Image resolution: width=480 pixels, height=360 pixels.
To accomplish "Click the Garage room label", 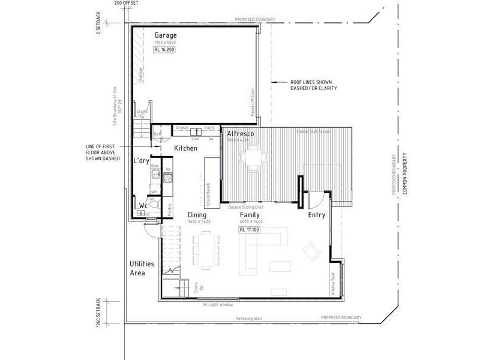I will pyautogui.click(x=166, y=35).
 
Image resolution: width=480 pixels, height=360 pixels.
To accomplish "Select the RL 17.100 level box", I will pyautogui.click(x=250, y=229).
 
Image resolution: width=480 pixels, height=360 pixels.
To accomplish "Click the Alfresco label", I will pyautogui.click(x=240, y=133).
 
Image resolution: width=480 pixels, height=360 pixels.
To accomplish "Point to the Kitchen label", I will pyautogui.click(x=185, y=148).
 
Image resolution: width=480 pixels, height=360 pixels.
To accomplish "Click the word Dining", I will pyautogui.click(x=197, y=215).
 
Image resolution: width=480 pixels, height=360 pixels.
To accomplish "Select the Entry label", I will pyautogui.click(x=316, y=215).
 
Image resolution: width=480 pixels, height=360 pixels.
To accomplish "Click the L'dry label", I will pyautogui.click(x=141, y=160).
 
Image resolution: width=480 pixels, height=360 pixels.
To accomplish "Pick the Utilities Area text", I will pyautogui.click(x=142, y=268).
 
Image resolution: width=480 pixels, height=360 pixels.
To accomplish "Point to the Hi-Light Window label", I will pyautogui.click(x=218, y=304).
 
